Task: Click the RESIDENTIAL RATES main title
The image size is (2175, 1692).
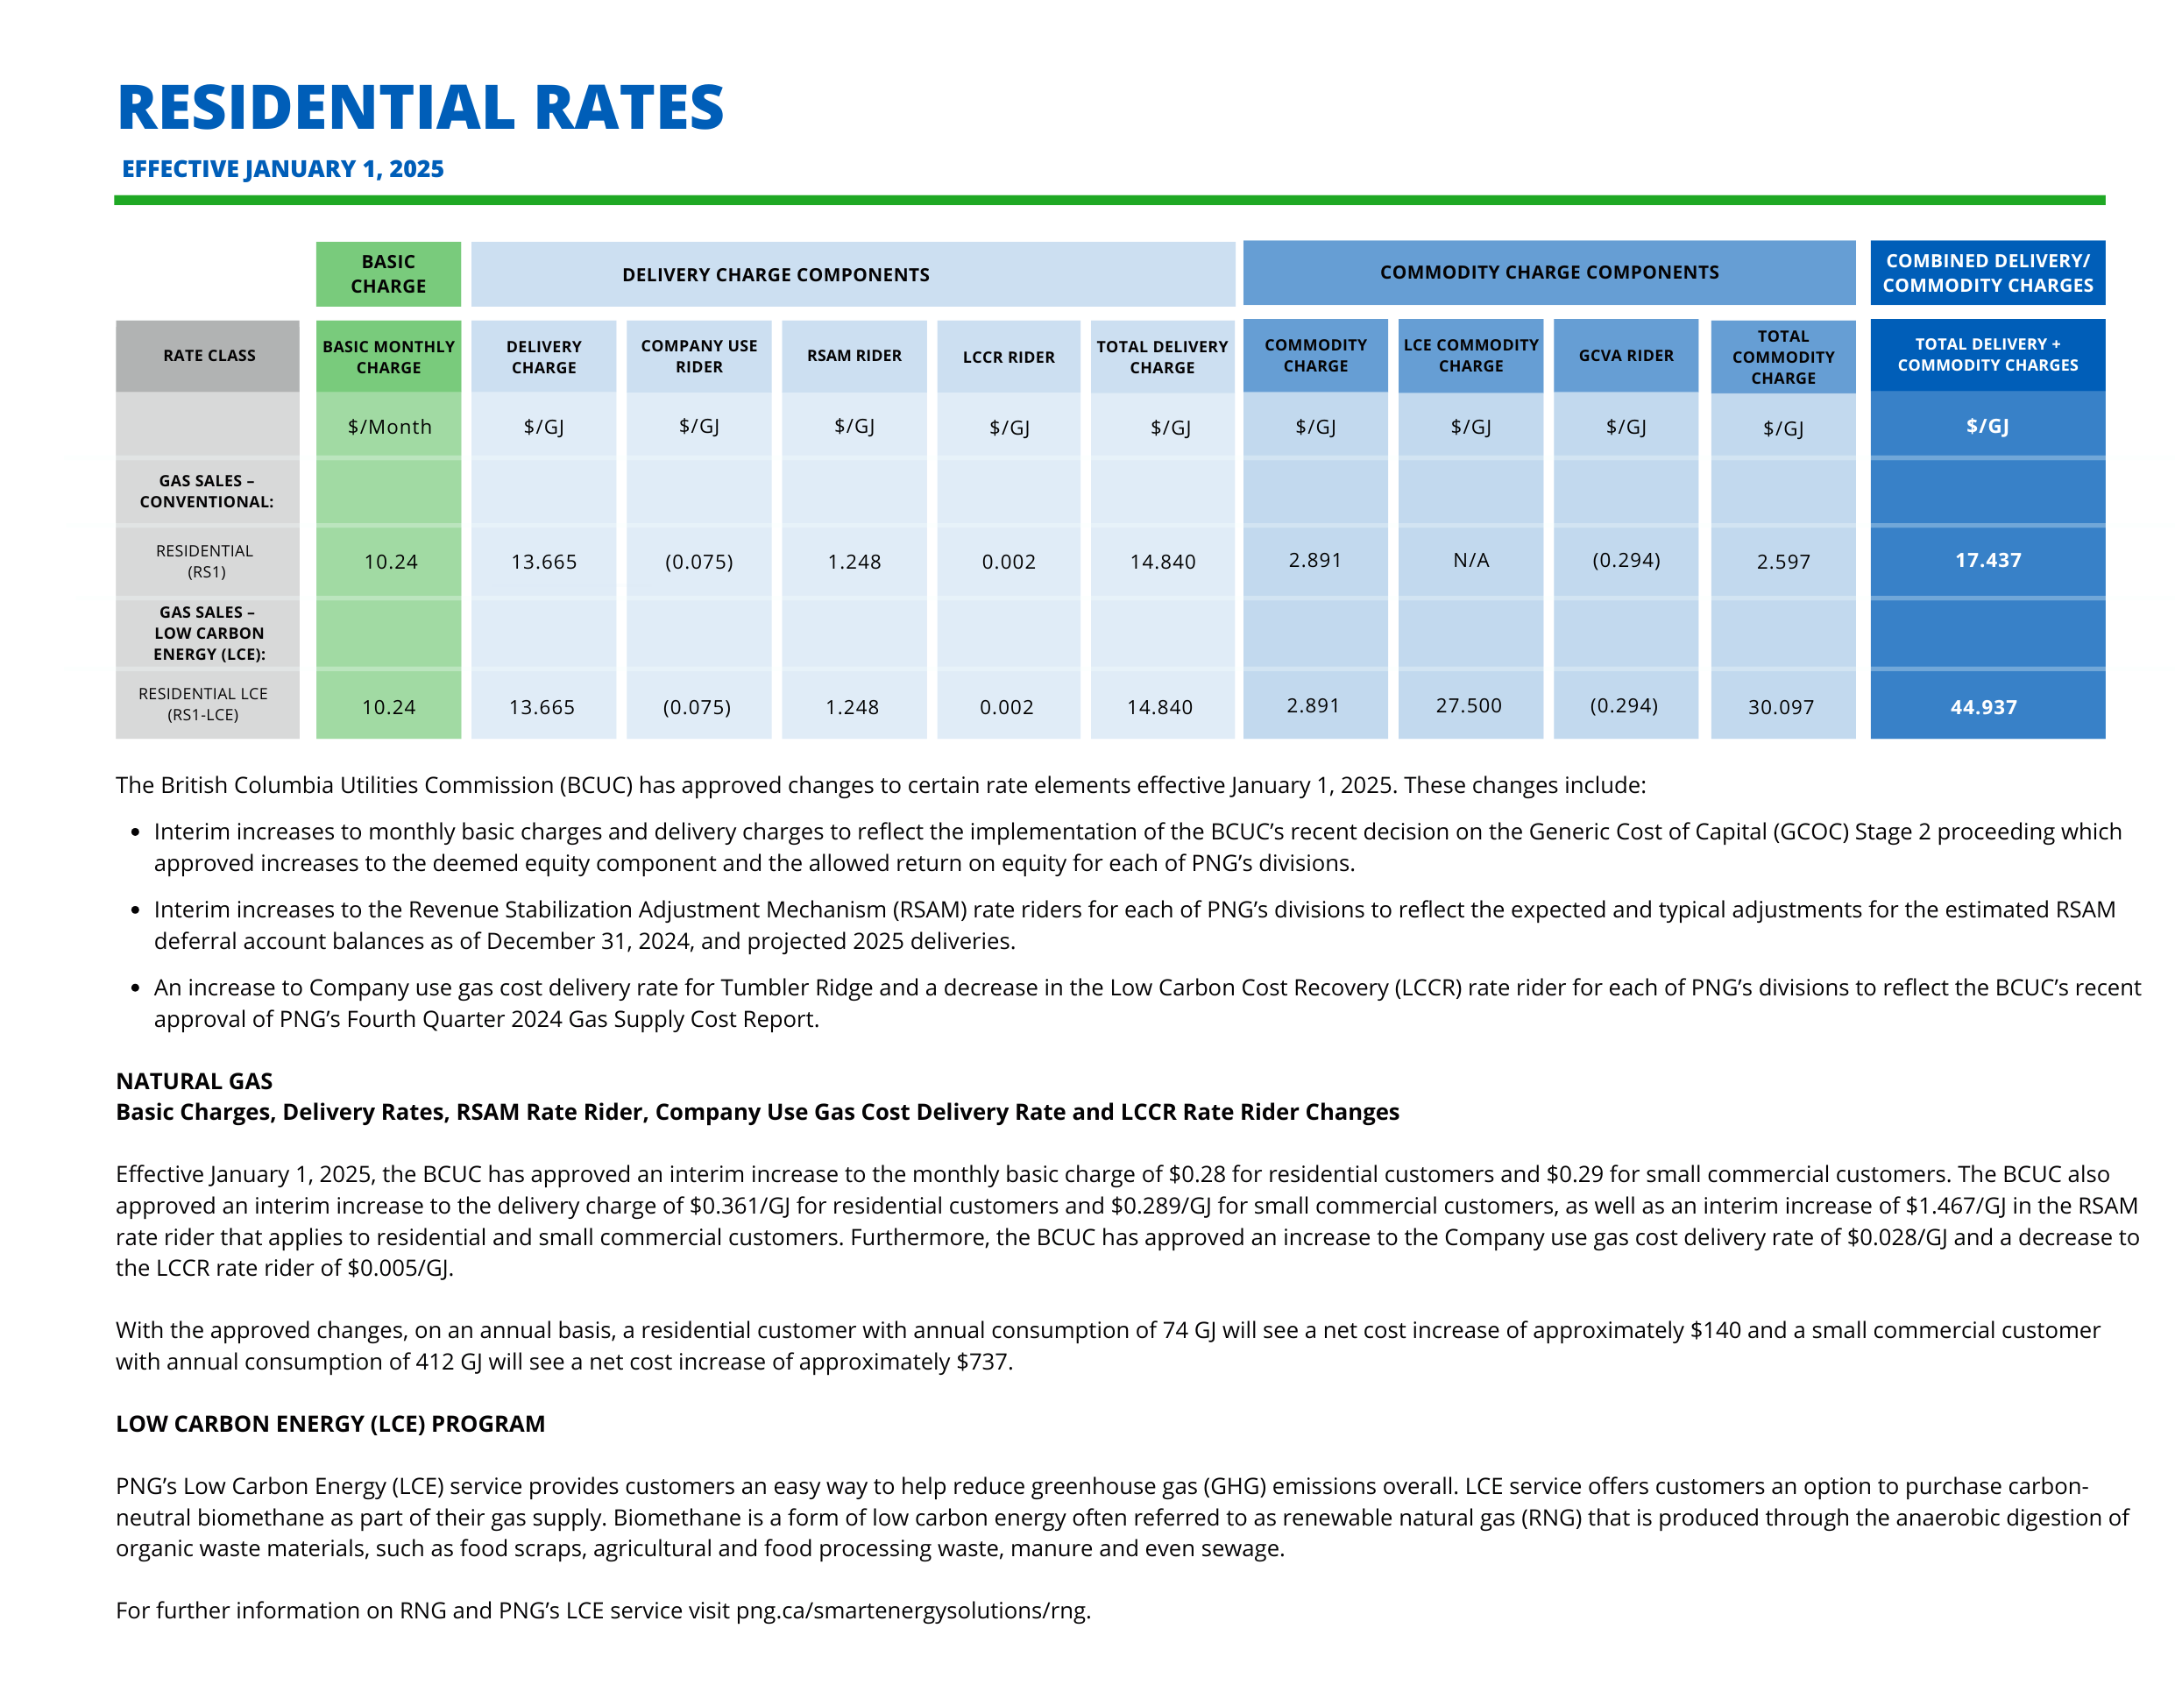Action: tap(421, 108)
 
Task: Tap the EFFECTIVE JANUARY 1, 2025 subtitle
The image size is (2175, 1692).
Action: tap(283, 169)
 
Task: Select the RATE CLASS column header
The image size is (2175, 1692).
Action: tap(209, 356)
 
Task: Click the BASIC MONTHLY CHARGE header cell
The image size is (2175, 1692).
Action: tap(388, 357)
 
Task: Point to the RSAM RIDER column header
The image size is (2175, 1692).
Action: tap(854, 356)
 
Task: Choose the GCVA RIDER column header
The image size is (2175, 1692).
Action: tap(1626, 356)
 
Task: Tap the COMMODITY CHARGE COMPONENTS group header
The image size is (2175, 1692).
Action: tap(1549, 272)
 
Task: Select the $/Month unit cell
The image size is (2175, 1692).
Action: tap(389, 426)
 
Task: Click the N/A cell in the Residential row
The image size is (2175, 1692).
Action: tap(1471, 561)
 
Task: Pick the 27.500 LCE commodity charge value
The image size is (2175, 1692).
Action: tap(1469, 705)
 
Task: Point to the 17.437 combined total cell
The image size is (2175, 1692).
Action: tap(1987, 561)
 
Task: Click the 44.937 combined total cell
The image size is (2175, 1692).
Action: tap(1984, 707)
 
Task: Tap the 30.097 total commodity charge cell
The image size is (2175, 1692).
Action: tap(1782, 707)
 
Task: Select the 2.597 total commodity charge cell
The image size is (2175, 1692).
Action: tap(1783, 562)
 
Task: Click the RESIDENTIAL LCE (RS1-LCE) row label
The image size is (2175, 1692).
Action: tap(203, 704)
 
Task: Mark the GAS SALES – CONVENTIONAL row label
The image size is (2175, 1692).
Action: tap(206, 491)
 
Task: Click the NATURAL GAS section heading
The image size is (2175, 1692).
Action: tap(195, 1080)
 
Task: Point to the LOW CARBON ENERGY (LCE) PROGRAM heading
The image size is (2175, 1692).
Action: tap(330, 1424)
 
